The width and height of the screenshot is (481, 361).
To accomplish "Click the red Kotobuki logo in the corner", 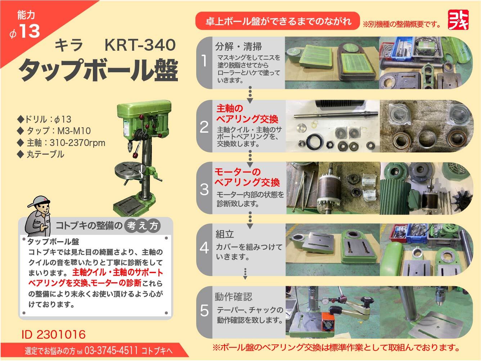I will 458,19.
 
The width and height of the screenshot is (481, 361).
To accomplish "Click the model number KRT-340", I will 140,45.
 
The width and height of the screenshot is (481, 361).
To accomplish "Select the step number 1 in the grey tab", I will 204,61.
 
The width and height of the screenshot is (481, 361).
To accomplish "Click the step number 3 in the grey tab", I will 204,189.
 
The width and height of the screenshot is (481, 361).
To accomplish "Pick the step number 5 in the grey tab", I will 204,311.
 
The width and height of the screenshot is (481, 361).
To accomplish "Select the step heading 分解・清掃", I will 238,46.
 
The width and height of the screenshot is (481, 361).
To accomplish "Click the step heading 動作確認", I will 234,297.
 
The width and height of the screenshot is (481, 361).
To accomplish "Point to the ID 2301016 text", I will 54,335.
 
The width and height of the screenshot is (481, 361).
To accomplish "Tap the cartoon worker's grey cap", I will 37,202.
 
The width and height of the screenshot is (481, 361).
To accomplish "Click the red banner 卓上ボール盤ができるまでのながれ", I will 278,21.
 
